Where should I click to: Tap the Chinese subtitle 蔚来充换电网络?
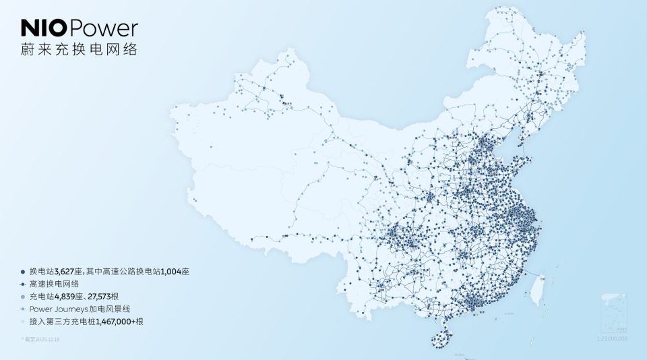coord(79,50)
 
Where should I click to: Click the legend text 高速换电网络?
coord(51,284)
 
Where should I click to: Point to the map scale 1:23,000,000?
coord(612,338)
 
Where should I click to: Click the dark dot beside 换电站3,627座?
coord(23,271)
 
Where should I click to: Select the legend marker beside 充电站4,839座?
coord(23,297)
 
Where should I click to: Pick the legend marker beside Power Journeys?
coord(23,309)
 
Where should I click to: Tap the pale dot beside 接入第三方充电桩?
coord(23,322)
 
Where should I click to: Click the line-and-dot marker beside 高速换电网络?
coord(23,284)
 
